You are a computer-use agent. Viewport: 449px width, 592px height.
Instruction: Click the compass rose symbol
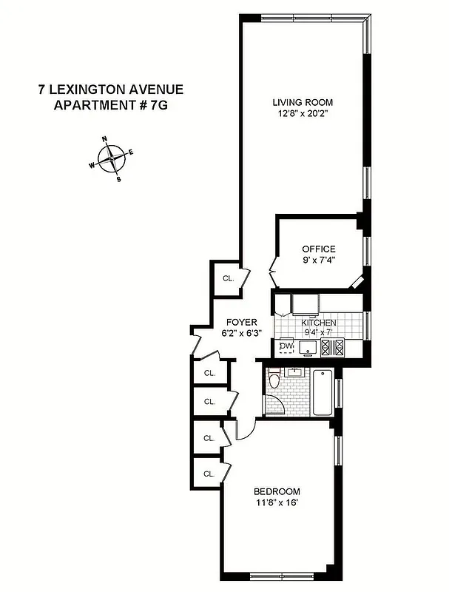click(112, 157)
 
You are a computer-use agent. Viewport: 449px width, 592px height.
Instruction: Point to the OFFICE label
click(318, 249)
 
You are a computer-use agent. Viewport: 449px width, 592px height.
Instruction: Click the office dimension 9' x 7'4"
click(318, 261)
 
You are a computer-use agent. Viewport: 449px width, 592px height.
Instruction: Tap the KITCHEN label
click(319, 323)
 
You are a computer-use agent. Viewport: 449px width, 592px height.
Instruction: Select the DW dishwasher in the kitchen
click(286, 346)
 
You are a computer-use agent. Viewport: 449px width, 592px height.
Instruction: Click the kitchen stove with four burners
click(334, 346)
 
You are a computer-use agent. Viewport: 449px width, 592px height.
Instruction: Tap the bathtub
click(323, 392)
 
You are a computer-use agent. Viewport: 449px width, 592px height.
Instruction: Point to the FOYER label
click(241, 323)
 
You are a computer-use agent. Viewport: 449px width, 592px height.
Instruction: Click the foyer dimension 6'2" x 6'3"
click(241, 334)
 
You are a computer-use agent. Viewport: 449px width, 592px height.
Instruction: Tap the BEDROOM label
click(277, 492)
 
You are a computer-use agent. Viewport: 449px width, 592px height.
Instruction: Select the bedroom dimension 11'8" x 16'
click(277, 504)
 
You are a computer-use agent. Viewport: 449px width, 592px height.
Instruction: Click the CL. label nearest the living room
click(228, 278)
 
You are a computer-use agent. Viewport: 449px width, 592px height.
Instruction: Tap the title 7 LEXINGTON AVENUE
click(111, 90)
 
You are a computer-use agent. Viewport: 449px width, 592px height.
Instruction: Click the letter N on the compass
click(104, 139)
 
